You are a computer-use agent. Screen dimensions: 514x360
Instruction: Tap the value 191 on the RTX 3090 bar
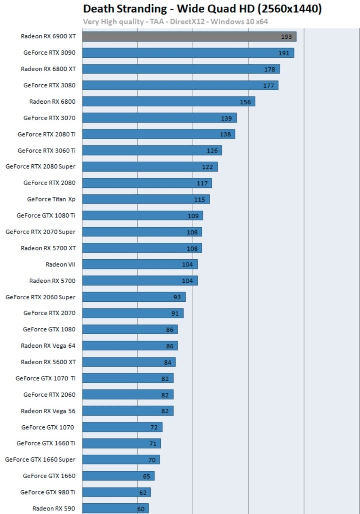284,53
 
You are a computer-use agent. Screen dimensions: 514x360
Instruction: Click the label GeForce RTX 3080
49,85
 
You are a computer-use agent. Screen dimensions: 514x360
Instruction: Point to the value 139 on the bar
226,118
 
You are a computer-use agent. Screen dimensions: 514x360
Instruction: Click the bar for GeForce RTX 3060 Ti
152,150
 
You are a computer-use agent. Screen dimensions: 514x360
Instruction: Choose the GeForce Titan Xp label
51,199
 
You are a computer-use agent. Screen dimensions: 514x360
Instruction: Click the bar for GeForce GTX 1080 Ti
142,216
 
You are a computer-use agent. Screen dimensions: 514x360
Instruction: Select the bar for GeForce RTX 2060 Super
133,297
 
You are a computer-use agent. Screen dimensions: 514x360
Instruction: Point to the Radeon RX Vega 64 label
48,345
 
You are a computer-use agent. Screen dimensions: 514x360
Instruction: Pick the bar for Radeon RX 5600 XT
129,362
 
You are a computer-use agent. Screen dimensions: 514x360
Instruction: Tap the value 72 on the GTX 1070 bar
154,427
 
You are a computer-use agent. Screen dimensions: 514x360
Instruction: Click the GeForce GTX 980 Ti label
48,492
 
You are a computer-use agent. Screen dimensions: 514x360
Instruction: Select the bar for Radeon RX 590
115,508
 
